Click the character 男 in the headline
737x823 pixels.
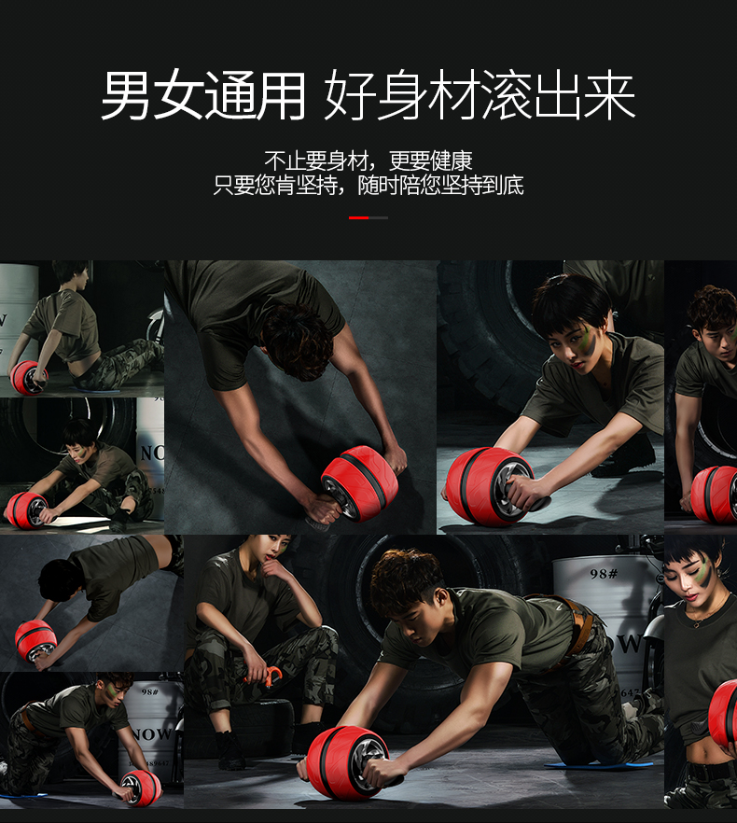127,95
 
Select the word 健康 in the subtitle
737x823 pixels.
452,161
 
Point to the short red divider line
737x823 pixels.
358,217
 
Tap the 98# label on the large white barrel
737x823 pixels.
604,574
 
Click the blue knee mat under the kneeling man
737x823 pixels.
598,766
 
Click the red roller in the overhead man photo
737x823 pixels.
360,483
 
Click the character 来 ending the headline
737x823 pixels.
609,95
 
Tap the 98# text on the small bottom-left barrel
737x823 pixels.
149,692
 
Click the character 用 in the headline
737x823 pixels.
279,95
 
